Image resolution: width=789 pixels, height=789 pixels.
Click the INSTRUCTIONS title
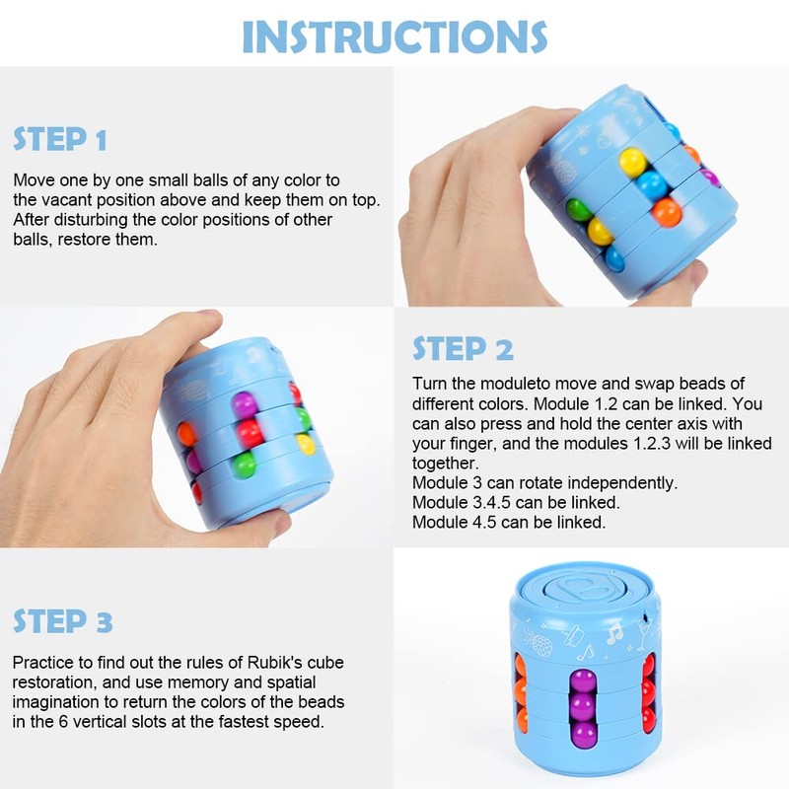coord(394,36)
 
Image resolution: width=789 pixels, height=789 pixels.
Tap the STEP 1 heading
coord(60,139)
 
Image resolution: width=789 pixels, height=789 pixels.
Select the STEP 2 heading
coord(463,348)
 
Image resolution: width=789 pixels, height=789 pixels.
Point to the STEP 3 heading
coord(62,621)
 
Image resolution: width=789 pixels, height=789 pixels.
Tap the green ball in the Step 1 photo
coord(579,210)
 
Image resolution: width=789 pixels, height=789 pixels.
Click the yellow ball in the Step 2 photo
coord(305,445)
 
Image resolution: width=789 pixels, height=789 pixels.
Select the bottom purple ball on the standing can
coord(583,734)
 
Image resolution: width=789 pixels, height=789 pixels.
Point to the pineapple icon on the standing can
coord(538,643)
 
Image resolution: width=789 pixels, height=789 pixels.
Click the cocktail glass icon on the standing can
coord(644,633)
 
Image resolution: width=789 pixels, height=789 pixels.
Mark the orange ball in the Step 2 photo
coord(185,434)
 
